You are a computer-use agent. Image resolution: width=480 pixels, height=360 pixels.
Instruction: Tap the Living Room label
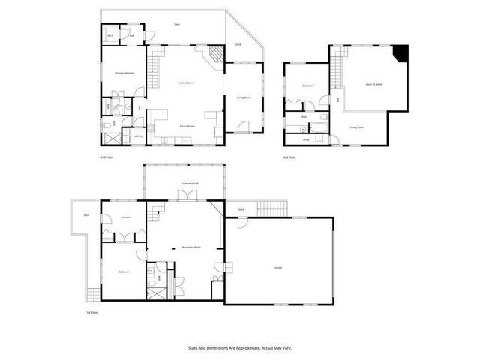[187, 82]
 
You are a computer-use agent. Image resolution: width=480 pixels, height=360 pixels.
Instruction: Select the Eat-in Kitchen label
[187, 127]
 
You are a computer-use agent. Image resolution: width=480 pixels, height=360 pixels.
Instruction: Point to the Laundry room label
[138, 136]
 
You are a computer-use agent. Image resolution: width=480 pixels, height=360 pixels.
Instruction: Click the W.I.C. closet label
[109, 36]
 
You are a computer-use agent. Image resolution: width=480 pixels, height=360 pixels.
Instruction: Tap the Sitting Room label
[357, 128]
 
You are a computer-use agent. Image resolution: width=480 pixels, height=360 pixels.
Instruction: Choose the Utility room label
[306, 139]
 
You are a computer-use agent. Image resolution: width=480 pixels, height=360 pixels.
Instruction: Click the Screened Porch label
[189, 182]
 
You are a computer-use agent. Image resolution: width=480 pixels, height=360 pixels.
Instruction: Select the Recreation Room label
[184, 247]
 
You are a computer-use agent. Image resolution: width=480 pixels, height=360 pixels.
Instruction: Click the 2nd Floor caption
[106, 157]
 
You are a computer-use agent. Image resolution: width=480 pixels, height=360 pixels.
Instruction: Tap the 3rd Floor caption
[289, 157]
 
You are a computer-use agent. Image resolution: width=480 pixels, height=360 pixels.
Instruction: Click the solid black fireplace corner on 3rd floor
[402, 53]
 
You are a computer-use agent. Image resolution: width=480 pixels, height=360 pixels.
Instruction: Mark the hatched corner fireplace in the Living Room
[215, 55]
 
